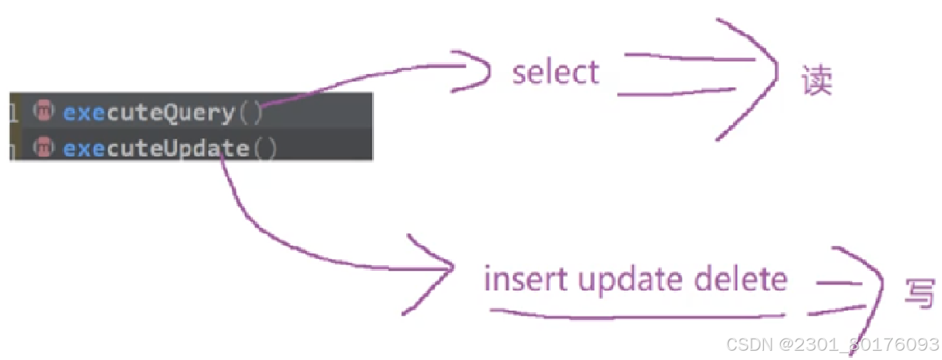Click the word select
[x=556, y=73]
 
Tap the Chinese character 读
[x=816, y=81]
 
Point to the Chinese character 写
[x=918, y=292]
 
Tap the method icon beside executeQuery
[x=43, y=111]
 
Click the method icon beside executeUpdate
[x=43, y=148]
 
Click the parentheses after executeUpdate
[x=264, y=148]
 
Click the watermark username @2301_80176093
[x=859, y=344]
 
